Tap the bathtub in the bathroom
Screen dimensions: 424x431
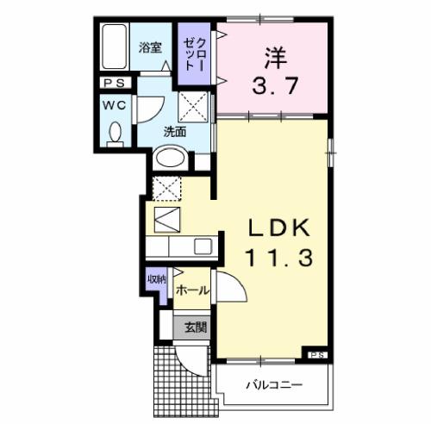[114, 48]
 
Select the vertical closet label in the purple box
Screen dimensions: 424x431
[191, 53]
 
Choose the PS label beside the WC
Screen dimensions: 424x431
[113, 83]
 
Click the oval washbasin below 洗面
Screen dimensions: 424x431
[171, 159]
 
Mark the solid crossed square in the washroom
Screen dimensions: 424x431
[191, 109]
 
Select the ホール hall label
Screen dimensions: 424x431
[191, 291]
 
